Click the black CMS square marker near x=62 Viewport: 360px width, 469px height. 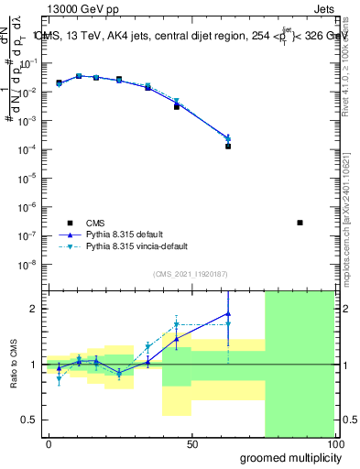(x=228, y=146)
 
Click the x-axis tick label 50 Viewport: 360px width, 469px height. (x=192, y=444)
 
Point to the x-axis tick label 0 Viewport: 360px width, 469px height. (x=49, y=444)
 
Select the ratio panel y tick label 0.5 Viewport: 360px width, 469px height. (x=30, y=420)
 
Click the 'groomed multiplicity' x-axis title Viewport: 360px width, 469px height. (x=287, y=457)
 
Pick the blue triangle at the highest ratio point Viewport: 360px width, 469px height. (x=228, y=313)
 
